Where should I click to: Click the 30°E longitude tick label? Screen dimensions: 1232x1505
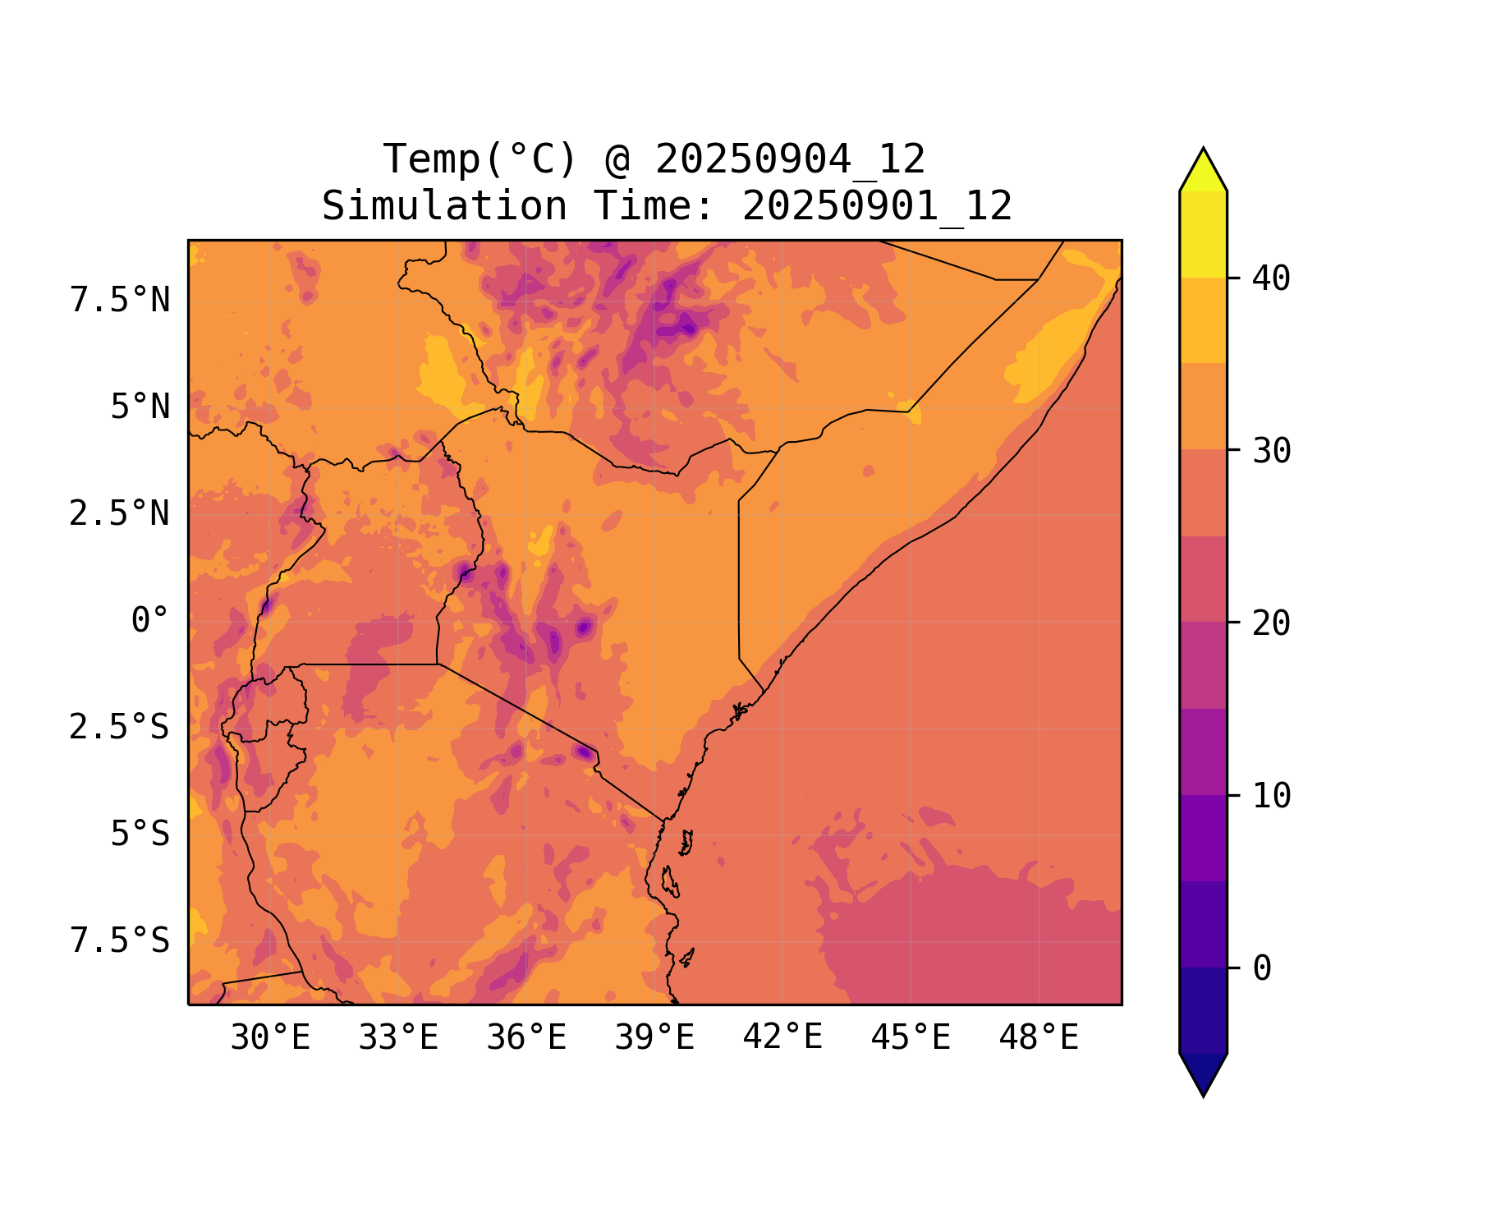click(270, 1038)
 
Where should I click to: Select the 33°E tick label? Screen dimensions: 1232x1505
click(398, 1038)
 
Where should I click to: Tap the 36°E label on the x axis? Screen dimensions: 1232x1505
click(526, 1038)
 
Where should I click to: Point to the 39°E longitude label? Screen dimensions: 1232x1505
click(654, 1038)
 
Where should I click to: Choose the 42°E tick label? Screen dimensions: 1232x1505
click(782, 1038)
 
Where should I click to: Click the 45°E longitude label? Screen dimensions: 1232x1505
click(911, 1038)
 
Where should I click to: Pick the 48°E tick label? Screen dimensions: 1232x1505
click(1039, 1038)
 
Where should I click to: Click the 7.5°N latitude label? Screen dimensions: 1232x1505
click(120, 301)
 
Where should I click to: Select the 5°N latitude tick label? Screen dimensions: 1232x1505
click(140, 407)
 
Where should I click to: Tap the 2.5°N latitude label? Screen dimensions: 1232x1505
click(120, 514)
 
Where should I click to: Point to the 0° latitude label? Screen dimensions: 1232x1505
click(150, 621)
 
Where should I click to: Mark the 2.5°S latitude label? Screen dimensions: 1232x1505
click(120, 728)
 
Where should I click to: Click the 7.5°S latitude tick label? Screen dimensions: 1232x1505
click(120, 941)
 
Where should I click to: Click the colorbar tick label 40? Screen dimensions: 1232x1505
click(1271, 279)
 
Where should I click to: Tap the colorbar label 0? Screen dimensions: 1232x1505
click(1262, 969)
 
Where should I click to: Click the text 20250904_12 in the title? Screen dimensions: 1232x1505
click(790, 159)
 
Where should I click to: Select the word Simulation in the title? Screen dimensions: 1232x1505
click(444, 206)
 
